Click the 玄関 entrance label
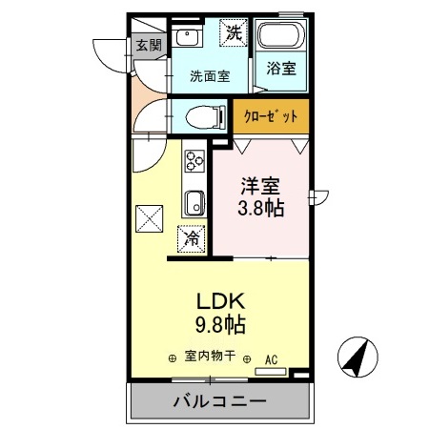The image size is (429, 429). pyautogui.click(x=147, y=45)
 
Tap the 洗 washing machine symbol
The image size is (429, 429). pyautogui.click(x=234, y=32)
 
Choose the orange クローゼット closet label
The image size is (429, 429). pyautogui.click(x=272, y=117)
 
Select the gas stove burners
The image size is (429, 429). pyautogui.click(x=195, y=160)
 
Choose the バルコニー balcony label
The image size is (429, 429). pyautogui.click(x=219, y=400)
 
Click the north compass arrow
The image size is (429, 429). pyautogui.click(x=355, y=358)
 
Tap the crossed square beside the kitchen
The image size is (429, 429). pyautogui.click(x=149, y=219)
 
